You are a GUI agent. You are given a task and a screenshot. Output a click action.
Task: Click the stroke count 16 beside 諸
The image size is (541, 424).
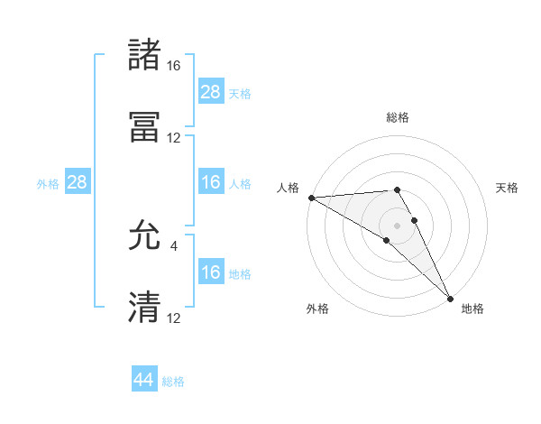(x=174, y=66)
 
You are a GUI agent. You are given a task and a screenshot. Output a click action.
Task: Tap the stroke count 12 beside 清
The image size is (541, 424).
(x=174, y=318)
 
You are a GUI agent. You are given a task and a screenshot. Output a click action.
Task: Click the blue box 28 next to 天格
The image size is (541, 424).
(x=211, y=92)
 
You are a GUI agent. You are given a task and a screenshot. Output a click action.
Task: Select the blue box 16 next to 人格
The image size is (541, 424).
(x=211, y=182)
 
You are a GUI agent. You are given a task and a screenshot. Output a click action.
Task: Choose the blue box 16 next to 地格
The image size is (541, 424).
(x=211, y=273)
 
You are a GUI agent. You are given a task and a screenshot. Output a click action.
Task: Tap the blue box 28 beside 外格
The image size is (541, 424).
(x=78, y=182)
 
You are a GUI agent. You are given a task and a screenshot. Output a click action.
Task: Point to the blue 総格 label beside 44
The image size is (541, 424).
(x=173, y=382)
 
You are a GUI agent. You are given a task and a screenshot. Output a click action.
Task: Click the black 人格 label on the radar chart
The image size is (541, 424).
(x=288, y=188)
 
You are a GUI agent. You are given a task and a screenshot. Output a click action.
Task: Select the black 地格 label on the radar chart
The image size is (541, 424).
(x=472, y=309)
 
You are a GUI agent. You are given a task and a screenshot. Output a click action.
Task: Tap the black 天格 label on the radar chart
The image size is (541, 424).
(x=508, y=188)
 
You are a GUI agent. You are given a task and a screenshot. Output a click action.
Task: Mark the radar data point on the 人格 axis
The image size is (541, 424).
(x=311, y=198)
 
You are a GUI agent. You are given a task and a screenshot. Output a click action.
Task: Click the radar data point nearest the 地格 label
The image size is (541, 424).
(x=450, y=299)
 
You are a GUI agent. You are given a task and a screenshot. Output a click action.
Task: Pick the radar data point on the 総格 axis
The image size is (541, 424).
(x=397, y=189)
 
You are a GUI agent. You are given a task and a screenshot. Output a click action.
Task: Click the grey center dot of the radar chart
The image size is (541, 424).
(x=397, y=225)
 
